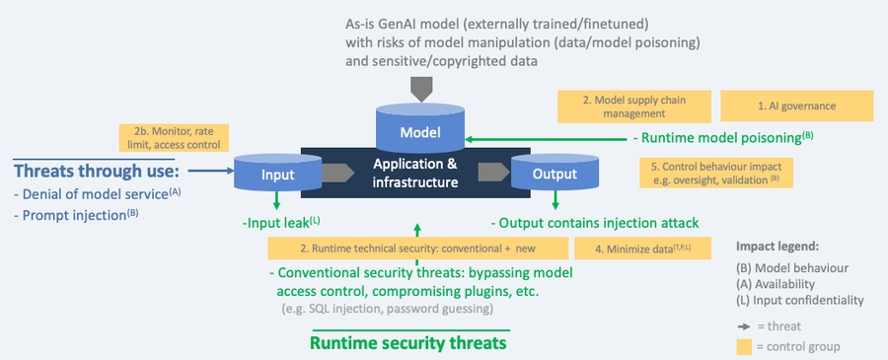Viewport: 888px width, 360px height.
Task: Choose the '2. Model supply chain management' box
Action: click(634, 106)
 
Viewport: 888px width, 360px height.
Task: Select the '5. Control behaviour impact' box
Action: click(722, 172)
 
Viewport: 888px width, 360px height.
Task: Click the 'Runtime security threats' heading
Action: click(408, 343)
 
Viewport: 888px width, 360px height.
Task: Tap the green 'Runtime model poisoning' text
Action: click(722, 137)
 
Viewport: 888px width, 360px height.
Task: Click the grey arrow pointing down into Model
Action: click(421, 89)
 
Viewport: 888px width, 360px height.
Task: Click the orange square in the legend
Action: click(747, 346)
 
